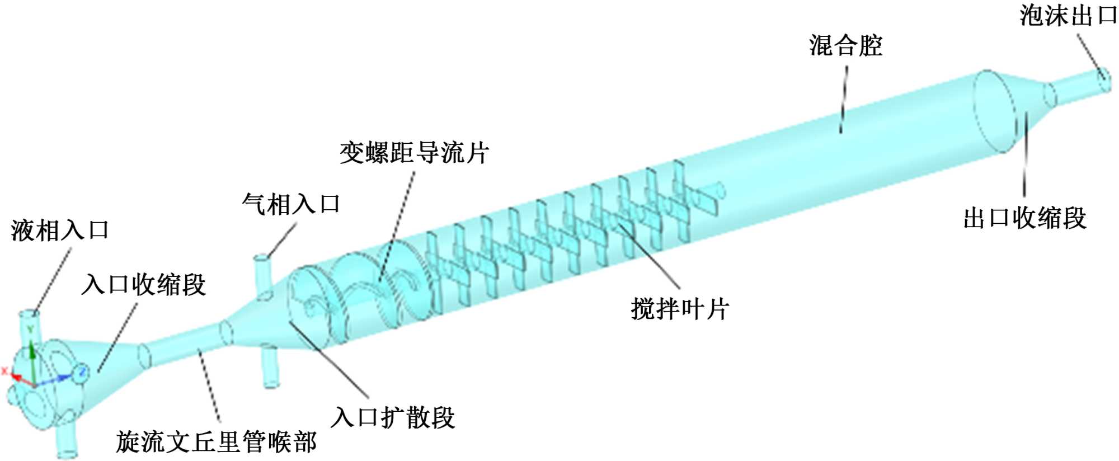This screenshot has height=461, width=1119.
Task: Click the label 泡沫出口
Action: [1068, 16]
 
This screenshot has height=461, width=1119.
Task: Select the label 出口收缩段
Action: [1024, 218]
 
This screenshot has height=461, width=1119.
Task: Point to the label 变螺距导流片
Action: [414, 153]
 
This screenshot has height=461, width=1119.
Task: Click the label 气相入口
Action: [291, 204]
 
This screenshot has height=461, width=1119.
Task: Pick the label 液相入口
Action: [60, 230]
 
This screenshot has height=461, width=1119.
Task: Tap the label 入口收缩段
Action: [144, 285]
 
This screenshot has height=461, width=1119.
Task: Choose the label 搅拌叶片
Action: [680, 309]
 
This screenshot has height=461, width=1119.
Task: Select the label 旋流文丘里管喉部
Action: [216, 442]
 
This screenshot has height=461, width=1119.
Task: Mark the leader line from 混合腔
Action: [844, 101]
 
